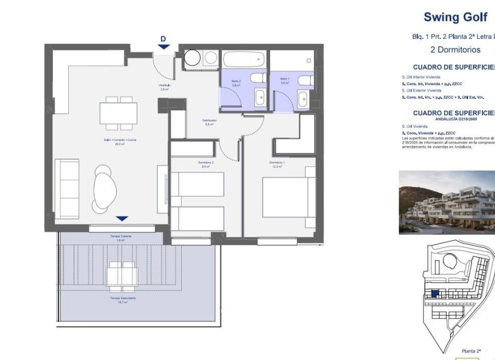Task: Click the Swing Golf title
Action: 455,17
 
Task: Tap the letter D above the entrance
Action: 163,39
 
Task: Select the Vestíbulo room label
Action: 164,85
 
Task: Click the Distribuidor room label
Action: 210,120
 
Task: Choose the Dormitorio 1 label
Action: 277,163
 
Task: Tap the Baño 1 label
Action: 285,79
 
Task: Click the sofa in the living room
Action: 66,188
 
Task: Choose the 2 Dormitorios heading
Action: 455,49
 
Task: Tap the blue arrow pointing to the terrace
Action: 122,218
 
